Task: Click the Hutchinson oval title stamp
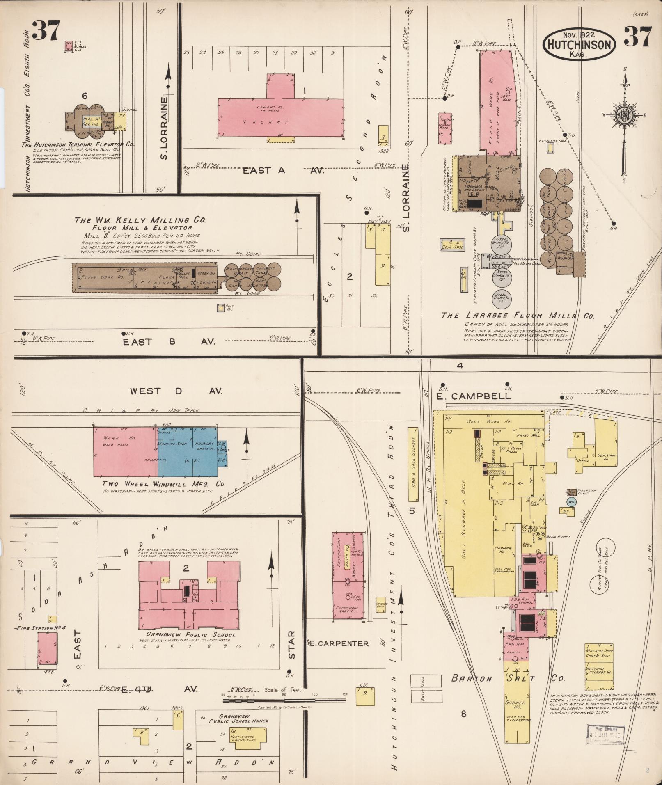(x=579, y=44)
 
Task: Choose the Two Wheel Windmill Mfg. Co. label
(x=164, y=484)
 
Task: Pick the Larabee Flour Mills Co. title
(x=518, y=316)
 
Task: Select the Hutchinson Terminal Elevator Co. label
(x=80, y=144)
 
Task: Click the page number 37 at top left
(x=46, y=31)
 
